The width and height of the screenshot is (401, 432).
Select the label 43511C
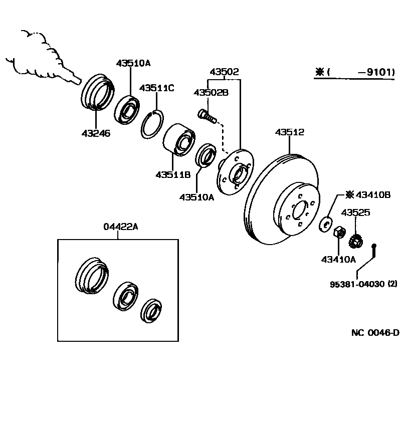156,88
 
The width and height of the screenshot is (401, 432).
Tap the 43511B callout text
172,175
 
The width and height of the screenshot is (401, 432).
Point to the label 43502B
211,93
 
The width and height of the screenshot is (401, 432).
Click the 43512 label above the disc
289,132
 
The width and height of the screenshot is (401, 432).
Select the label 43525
356,212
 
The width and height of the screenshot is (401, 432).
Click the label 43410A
338,259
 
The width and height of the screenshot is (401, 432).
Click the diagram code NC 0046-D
374,332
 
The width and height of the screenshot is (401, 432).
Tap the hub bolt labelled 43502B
207,116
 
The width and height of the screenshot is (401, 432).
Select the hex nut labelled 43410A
339,232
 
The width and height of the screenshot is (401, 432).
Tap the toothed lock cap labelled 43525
357,240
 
